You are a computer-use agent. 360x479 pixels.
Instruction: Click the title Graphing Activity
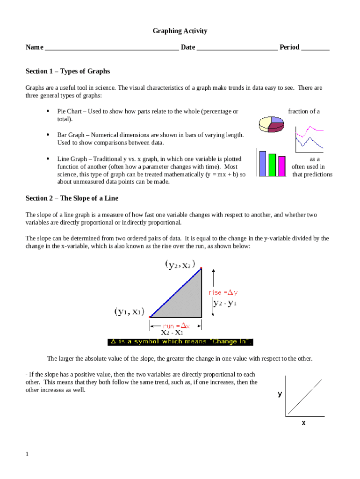(180, 31)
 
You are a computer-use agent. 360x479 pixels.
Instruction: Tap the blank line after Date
(237, 48)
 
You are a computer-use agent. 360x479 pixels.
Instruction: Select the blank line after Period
(315, 48)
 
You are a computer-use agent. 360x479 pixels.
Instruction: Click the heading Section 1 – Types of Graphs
(68, 71)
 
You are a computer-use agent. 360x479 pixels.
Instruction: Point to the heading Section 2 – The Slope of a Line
(72, 198)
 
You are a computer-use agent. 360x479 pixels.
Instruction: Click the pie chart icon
(271, 123)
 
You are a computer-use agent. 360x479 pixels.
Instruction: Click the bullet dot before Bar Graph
(49, 135)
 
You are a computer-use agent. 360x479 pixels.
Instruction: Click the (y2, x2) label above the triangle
(180, 265)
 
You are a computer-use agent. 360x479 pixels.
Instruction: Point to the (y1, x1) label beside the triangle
(129, 311)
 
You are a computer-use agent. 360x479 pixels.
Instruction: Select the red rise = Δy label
(223, 293)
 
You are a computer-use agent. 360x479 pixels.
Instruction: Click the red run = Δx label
(176, 326)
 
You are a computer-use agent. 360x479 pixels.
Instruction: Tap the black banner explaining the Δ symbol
(180, 342)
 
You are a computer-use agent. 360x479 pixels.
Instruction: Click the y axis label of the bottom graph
(280, 394)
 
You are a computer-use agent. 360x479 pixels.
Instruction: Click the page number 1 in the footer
(28, 454)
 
